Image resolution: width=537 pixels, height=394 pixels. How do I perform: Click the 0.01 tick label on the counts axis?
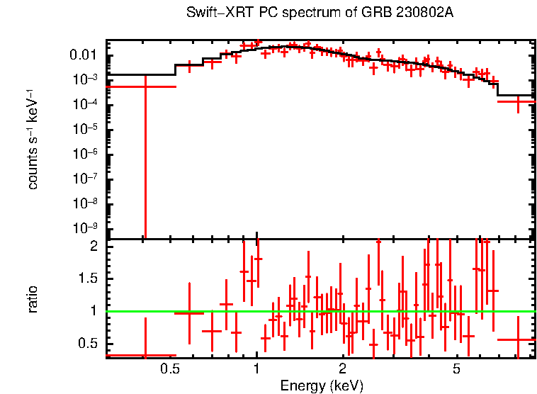(x=84, y=55)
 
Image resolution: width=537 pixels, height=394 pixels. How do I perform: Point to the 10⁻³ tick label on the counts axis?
(x=85, y=79)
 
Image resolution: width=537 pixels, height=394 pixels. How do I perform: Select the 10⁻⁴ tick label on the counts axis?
(x=85, y=105)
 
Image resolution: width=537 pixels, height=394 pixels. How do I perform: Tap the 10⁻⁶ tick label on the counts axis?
(x=85, y=154)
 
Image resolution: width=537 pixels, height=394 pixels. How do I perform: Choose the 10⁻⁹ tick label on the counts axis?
(x=85, y=229)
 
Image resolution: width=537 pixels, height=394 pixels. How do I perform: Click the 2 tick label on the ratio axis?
(x=92, y=246)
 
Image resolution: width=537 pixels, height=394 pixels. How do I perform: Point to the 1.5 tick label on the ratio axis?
(x=88, y=278)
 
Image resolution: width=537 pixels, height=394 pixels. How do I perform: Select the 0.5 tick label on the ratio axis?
(x=88, y=343)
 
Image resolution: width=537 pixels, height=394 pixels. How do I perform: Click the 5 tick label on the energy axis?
(x=456, y=369)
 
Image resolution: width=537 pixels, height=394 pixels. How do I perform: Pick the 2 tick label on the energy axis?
(x=342, y=369)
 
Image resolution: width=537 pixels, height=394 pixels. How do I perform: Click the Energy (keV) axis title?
(x=322, y=385)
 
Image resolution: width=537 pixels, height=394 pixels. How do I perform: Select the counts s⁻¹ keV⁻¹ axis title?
(x=33, y=140)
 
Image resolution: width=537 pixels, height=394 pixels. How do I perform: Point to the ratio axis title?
(x=33, y=299)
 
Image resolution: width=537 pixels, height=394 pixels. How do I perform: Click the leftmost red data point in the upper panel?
(x=145, y=86)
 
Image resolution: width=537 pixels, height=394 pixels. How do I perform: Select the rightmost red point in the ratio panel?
(x=518, y=339)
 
